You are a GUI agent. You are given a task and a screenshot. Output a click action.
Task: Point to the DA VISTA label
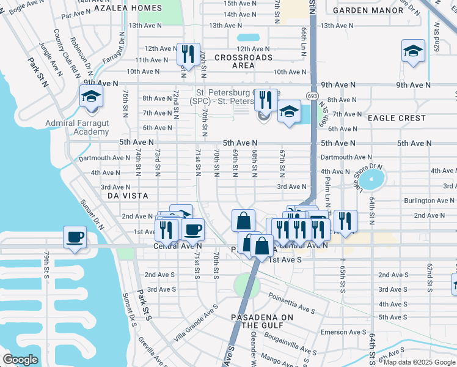point(128,196)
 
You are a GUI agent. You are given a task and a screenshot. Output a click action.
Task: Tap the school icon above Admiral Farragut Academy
point(91,97)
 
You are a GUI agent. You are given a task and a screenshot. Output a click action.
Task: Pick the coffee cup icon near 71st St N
point(193,230)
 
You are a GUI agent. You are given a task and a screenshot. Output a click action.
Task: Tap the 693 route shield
point(312,96)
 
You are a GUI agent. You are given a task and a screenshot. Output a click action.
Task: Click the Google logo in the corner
point(20,360)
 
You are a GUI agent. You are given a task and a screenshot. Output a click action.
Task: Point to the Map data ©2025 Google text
point(419,362)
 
